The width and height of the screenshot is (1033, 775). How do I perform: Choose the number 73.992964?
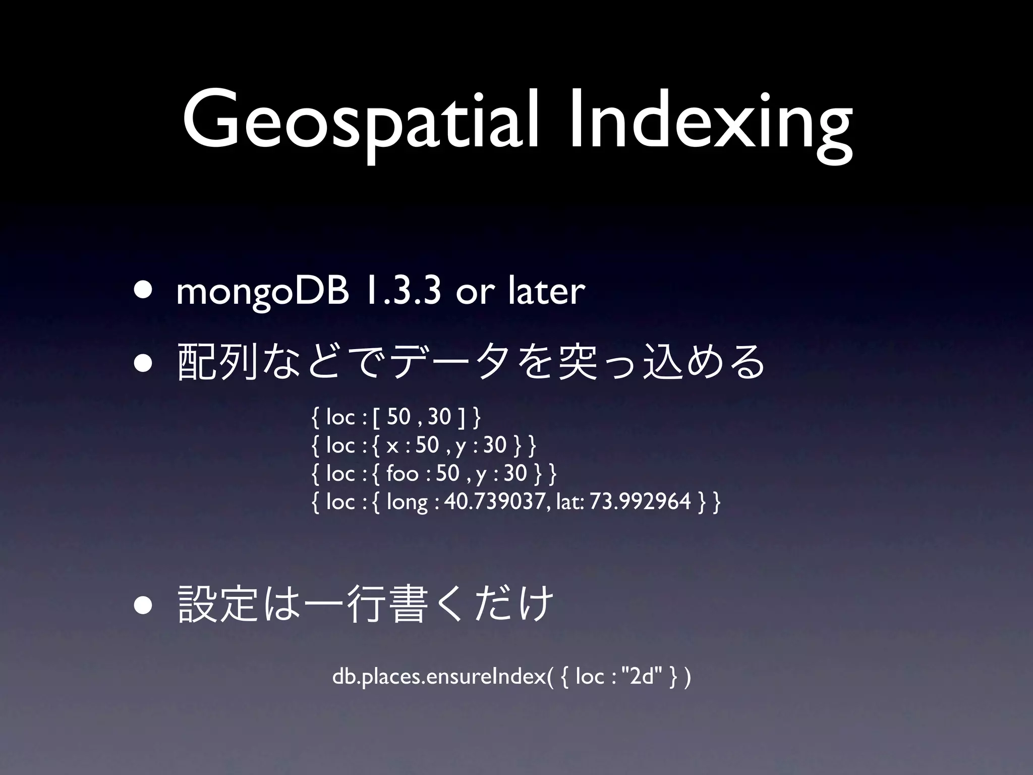pyautogui.click(x=641, y=502)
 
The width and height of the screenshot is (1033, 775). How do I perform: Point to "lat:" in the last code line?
pyautogui.click(x=569, y=502)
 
